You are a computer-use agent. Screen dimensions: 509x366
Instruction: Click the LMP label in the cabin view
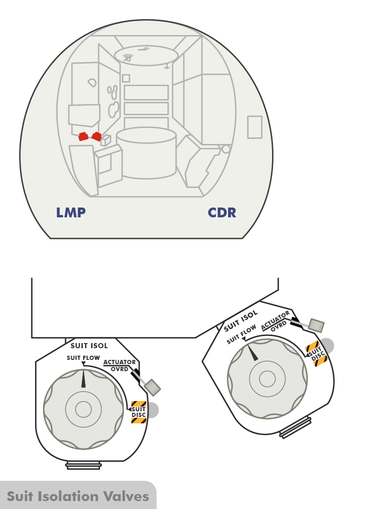point(71,213)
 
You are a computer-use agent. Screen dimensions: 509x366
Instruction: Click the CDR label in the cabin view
point(222,213)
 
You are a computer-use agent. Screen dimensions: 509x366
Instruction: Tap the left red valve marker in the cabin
point(83,136)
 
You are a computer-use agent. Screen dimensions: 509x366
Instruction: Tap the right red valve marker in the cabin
point(97,136)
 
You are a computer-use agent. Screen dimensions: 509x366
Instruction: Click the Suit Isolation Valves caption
point(78,496)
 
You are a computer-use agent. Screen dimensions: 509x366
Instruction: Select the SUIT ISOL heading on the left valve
point(89,346)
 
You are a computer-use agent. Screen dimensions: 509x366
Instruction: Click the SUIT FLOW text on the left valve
point(83,358)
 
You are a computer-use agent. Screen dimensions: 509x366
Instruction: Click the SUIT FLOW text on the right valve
point(241,335)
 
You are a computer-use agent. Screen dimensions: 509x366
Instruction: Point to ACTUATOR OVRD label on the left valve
point(120,365)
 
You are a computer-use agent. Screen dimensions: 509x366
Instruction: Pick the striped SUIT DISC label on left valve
point(139,412)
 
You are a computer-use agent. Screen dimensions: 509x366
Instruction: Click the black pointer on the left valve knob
point(84,379)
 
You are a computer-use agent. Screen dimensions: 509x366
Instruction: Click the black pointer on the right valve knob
point(252,352)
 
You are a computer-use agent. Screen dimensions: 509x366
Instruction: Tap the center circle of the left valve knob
point(84,409)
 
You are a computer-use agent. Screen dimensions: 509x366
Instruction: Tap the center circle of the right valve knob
point(267,379)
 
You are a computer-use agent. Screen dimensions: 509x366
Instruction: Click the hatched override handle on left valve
point(153,386)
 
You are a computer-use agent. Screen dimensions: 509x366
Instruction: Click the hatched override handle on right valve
point(317,325)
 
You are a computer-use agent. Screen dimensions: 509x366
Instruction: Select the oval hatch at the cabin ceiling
point(146,55)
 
